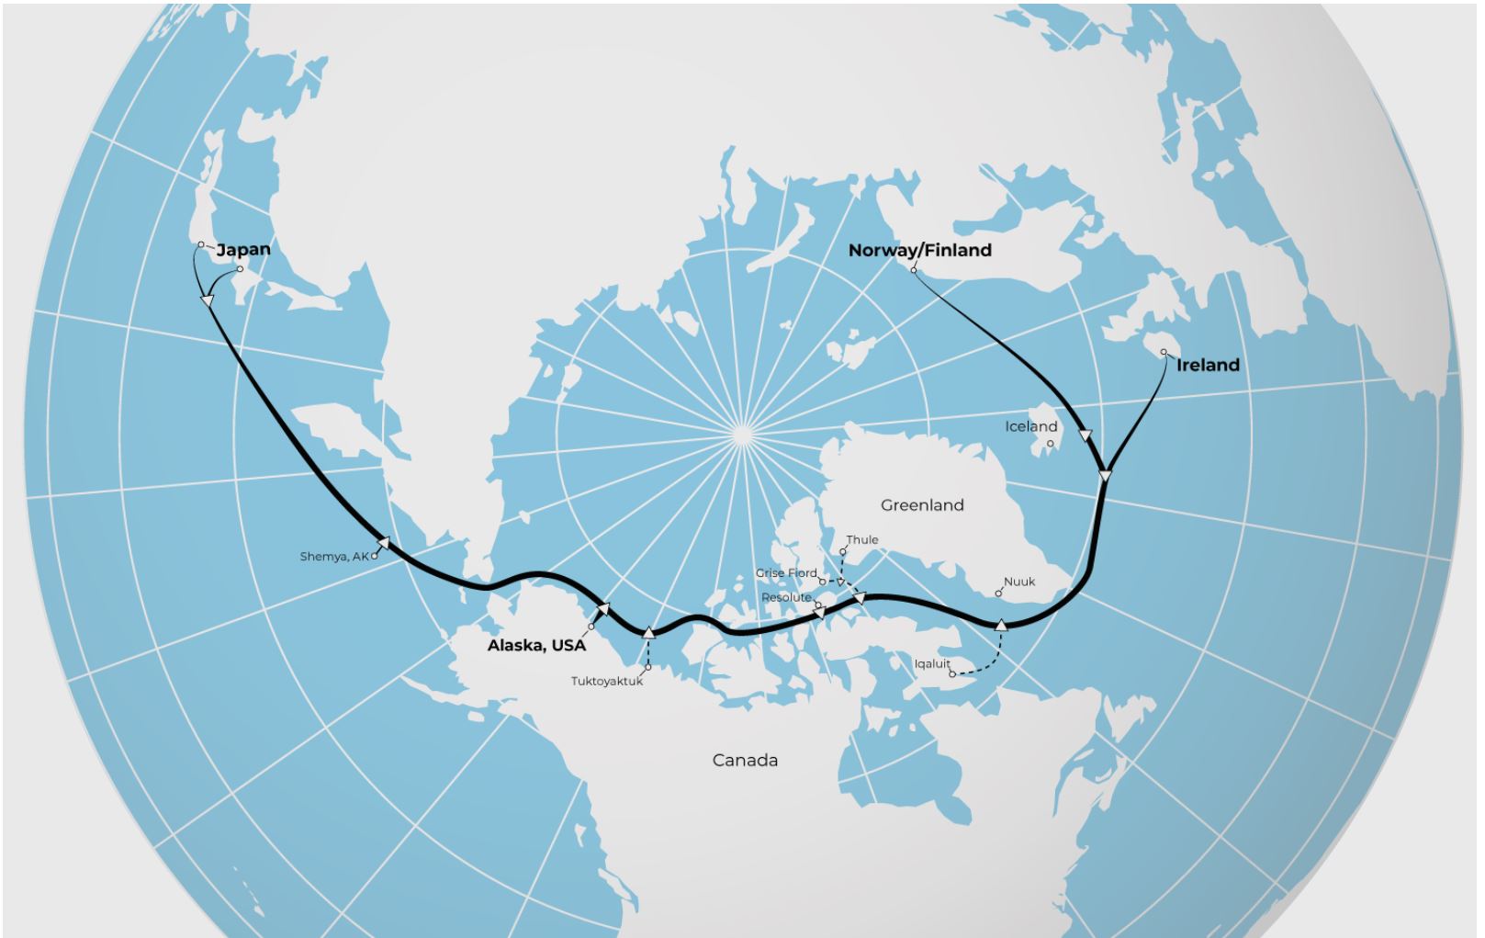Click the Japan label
(x=243, y=250)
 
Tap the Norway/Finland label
(x=919, y=250)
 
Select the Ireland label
(x=1208, y=365)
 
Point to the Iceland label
(x=1030, y=426)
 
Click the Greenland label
(x=922, y=504)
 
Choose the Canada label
(x=745, y=760)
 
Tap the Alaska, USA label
(x=536, y=645)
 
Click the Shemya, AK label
(x=333, y=557)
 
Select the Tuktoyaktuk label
(x=607, y=682)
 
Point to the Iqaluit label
(x=931, y=663)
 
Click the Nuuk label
(x=1019, y=582)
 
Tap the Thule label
(x=862, y=539)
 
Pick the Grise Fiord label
(x=785, y=573)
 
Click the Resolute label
(x=786, y=597)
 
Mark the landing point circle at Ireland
(x=1164, y=352)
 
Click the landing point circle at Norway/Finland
(x=914, y=270)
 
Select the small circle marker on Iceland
(x=1051, y=444)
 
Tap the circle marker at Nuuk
(x=999, y=593)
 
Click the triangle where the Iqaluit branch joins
(x=1001, y=625)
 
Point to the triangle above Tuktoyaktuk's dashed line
(x=648, y=631)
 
